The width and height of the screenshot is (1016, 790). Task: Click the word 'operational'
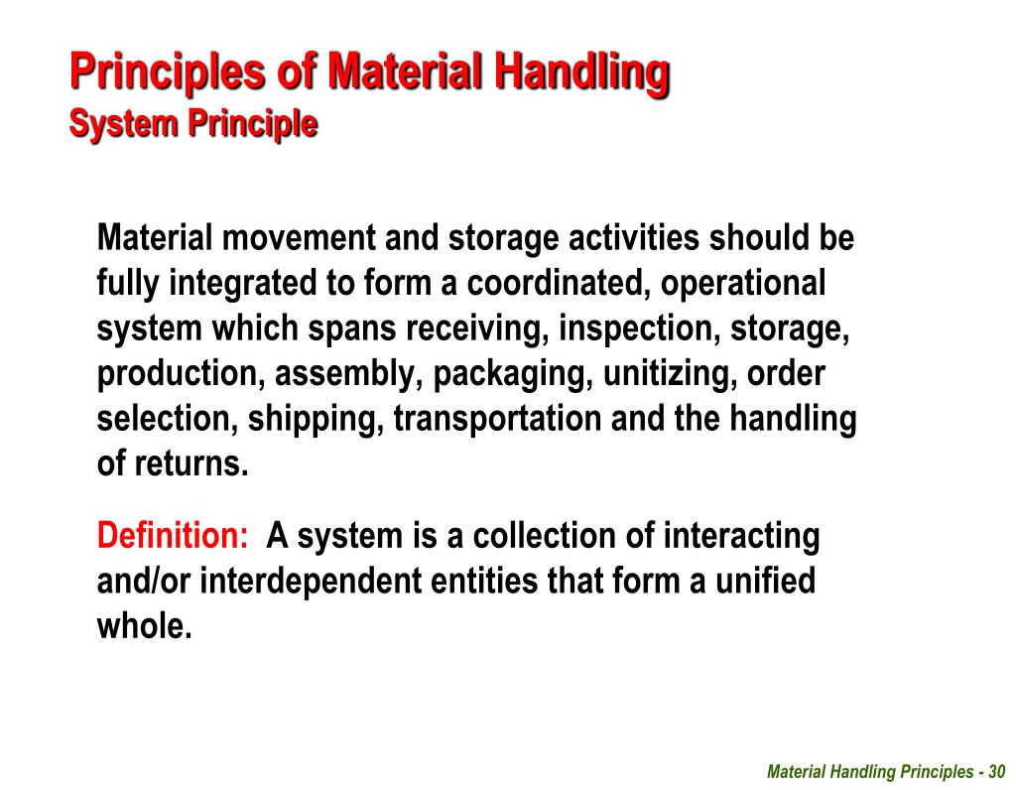(743, 284)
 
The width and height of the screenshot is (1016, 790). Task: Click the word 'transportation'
(497, 419)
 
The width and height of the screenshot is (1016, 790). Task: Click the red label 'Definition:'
(173, 536)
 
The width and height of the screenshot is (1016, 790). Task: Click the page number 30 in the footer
(996, 772)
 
